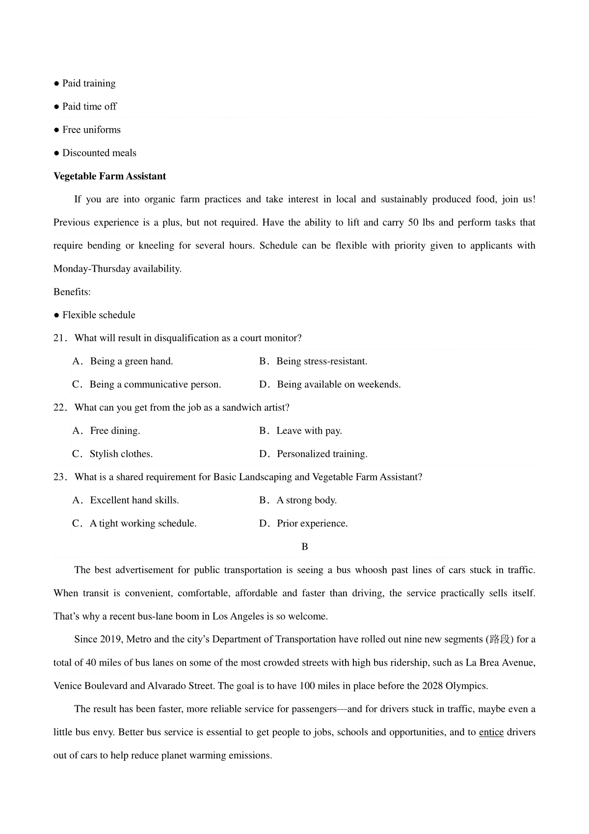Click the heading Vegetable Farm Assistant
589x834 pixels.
pyautogui.click(x=109, y=176)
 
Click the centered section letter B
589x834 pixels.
pyautogui.click(x=305, y=547)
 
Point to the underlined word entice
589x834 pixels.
pyautogui.click(x=491, y=732)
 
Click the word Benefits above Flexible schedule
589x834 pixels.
pyautogui.click(x=72, y=292)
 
